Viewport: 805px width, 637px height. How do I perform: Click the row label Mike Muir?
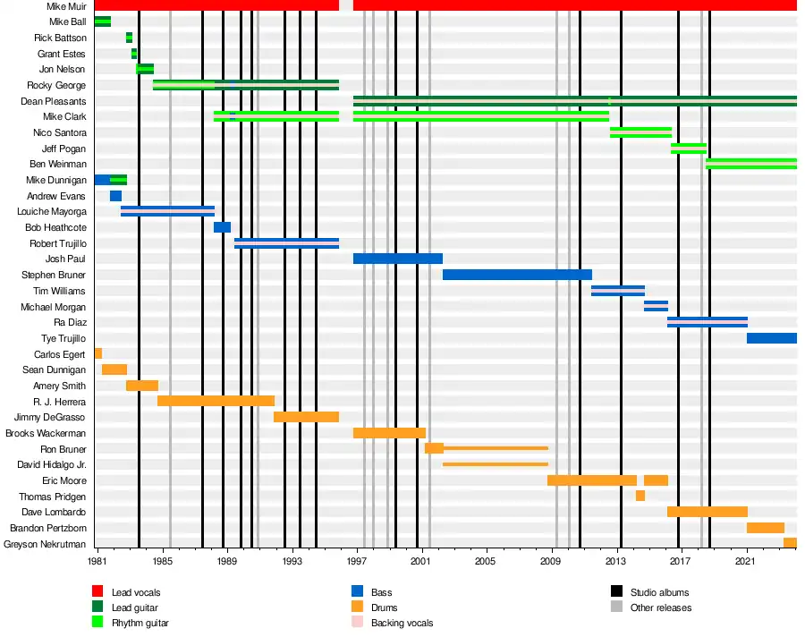pyautogui.click(x=67, y=6)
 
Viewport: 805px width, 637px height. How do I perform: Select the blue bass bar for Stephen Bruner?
pyautogui.click(x=517, y=275)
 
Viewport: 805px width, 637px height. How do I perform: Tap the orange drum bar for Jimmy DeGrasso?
pyautogui.click(x=306, y=417)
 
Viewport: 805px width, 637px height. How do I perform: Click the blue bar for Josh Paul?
pyautogui.click(x=397, y=259)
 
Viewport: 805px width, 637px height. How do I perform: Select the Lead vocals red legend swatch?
pyautogui.click(x=97, y=592)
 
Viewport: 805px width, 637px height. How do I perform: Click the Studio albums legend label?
pyautogui.click(x=659, y=592)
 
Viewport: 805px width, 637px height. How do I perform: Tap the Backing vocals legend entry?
pyautogui.click(x=399, y=622)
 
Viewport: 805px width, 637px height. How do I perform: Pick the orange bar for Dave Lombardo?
pyautogui.click(x=707, y=512)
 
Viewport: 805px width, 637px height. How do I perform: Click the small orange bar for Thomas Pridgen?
pyautogui.click(x=640, y=496)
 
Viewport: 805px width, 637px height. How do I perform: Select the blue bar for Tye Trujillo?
pyautogui.click(x=771, y=338)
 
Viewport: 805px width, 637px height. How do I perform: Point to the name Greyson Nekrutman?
pyautogui.click(x=45, y=544)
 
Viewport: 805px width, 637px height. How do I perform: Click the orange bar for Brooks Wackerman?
pyautogui.click(x=389, y=433)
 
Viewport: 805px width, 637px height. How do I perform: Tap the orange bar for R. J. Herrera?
pyautogui.click(x=216, y=401)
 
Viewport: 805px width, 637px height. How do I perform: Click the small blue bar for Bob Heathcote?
pyautogui.click(x=222, y=227)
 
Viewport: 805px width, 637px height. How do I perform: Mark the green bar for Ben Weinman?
pyautogui.click(x=750, y=164)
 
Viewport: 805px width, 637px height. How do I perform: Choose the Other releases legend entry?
pyautogui.click(x=660, y=607)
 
